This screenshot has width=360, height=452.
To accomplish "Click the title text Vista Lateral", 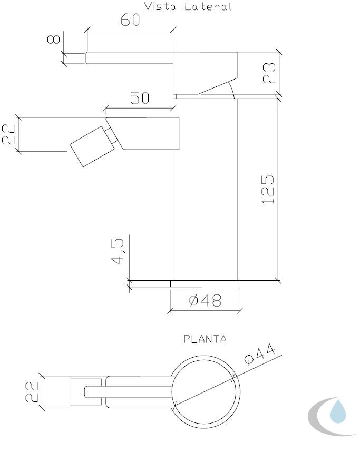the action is point(188,6).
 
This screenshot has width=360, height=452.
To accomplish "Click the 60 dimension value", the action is point(130,19).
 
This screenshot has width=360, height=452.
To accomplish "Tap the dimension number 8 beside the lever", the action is point(54,39).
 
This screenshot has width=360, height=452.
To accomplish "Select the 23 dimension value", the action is point(269,73).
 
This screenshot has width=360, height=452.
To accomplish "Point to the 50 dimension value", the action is point(140,97).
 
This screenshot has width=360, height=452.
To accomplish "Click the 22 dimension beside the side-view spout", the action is point(8,134).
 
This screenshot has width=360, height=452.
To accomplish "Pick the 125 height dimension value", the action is point(268,190).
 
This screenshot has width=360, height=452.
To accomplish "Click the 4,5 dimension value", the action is point(118,251).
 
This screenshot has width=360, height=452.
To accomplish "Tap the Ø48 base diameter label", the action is point(205,300).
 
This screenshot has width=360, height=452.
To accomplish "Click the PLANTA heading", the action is point(205,339).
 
